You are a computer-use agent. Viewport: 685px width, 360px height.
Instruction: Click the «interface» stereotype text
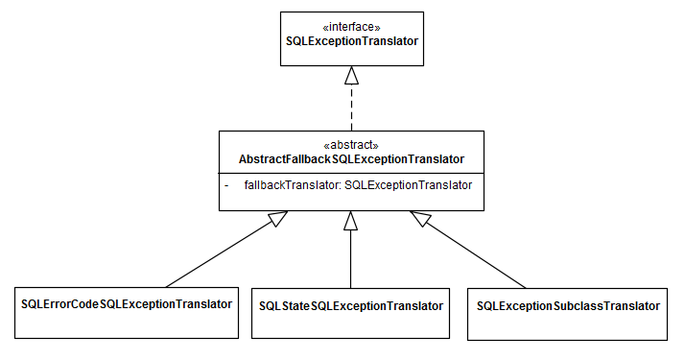(352, 27)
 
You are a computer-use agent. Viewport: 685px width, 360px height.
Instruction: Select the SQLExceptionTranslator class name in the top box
(352, 42)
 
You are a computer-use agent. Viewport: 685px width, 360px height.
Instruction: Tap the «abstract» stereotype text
(351, 144)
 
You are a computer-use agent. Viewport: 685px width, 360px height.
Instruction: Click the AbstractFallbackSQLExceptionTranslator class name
(351, 158)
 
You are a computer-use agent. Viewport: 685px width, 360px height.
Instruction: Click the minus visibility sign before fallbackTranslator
(226, 183)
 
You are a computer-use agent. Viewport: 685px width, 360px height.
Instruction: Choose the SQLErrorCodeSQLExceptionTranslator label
(127, 304)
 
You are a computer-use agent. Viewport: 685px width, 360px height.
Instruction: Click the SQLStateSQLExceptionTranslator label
(351, 305)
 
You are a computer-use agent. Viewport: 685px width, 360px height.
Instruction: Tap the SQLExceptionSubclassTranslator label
(568, 305)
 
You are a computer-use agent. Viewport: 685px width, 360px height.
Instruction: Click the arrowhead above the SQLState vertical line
(351, 220)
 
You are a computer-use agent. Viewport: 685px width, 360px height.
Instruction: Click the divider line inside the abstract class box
(351, 172)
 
